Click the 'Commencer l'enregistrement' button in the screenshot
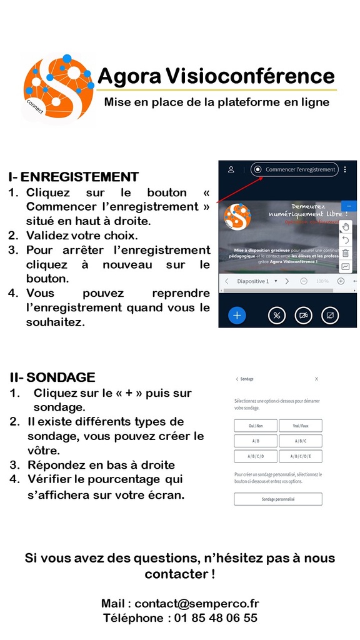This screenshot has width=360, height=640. point(294,169)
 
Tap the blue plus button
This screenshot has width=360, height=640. point(237,315)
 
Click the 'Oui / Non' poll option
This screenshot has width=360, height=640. point(256,426)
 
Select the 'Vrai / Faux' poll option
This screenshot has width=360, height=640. point(300,426)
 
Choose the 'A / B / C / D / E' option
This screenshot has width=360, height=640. point(300,456)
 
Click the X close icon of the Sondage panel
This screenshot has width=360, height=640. point(316,379)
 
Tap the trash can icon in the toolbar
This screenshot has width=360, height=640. point(346,253)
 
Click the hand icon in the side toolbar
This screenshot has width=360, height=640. point(346,227)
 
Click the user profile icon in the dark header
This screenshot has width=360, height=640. point(231,169)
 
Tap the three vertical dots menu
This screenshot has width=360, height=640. point(345,169)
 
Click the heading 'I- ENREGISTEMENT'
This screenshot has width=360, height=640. point(73,177)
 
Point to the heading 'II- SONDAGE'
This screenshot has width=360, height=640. point(52,377)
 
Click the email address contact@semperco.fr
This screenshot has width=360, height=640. point(196,604)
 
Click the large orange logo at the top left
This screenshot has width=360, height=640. point(57,89)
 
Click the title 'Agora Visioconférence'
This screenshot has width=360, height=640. point(216,76)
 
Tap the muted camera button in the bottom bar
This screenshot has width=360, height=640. point(303,315)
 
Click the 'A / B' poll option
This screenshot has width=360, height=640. point(256,441)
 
